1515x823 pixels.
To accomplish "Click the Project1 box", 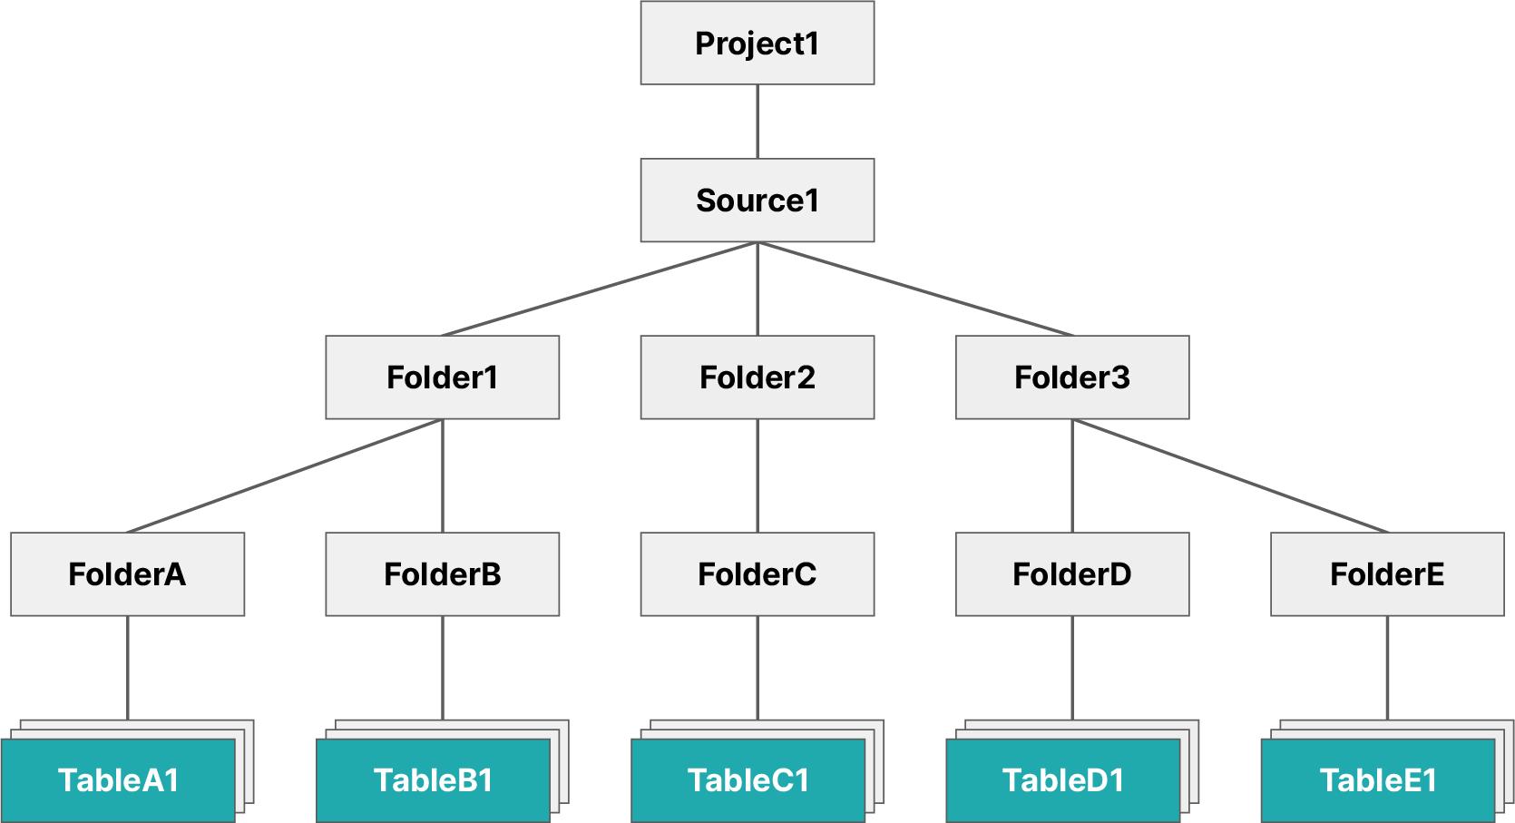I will [x=757, y=43].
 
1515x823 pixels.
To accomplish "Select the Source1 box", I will [x=757, y=201].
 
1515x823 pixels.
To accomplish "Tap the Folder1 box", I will [x=442, y=377].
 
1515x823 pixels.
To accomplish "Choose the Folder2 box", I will [x=757, y=377].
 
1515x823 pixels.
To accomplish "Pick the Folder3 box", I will [x=1071, y=377].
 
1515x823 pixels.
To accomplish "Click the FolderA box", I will [x=127, y=574].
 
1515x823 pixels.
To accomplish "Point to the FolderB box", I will [x=442, y=574].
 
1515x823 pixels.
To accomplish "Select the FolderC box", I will [x=757, y=574].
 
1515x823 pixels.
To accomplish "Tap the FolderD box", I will [x=1071, y=574].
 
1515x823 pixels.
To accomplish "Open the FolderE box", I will [x=1386, y=574].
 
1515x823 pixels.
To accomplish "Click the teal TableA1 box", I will [x=118, y=780].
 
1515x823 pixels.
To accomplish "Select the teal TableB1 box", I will [x=433, y=780].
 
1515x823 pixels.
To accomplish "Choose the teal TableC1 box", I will [x=748, y=780].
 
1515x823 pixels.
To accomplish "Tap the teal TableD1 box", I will [x=1062, y=780].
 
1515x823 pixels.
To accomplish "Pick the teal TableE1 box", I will [x=1377, y=780].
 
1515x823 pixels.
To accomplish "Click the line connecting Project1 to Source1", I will [x=757, y=122].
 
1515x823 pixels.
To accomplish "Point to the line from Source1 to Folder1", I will [x=600, y=289].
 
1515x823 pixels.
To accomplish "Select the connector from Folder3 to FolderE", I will [x=1230, y=476].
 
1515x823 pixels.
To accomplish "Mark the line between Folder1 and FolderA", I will [x=284, y=476].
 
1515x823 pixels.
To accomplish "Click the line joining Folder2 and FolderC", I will [x=757, y=475].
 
